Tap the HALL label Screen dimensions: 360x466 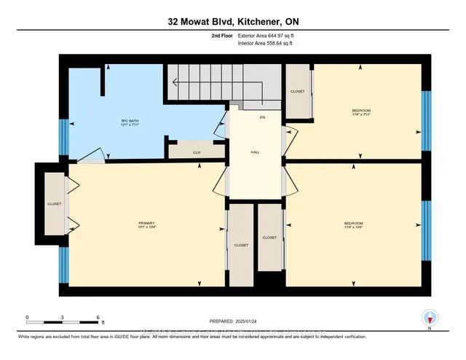(x=256, y=152)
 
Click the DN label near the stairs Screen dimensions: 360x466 (x=262, y=117)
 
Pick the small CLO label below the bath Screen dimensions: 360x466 (x=196, y=152)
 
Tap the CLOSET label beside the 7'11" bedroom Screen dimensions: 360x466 (x=297, y=92)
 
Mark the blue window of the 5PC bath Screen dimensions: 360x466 (x=63, y=137)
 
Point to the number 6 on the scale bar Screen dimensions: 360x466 (x=97, y=318)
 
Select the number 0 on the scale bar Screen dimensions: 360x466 (x=27, y=318)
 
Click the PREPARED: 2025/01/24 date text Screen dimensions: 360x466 (x=233, y=321)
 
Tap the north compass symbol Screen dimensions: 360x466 (x=430, y=318)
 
